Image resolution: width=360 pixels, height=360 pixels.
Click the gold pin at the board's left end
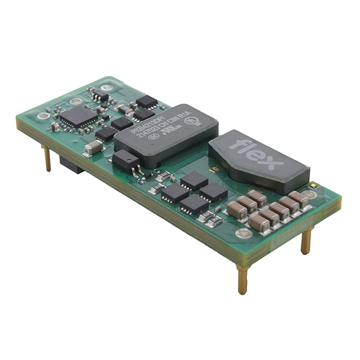(47, 157)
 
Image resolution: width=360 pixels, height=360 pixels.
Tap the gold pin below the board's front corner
(242, 280)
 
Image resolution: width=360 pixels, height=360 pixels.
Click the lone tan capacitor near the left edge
(93, 147)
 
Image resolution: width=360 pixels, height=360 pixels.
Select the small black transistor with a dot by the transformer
(125, 161)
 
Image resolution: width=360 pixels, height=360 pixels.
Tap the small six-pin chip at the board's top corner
(99, 94)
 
